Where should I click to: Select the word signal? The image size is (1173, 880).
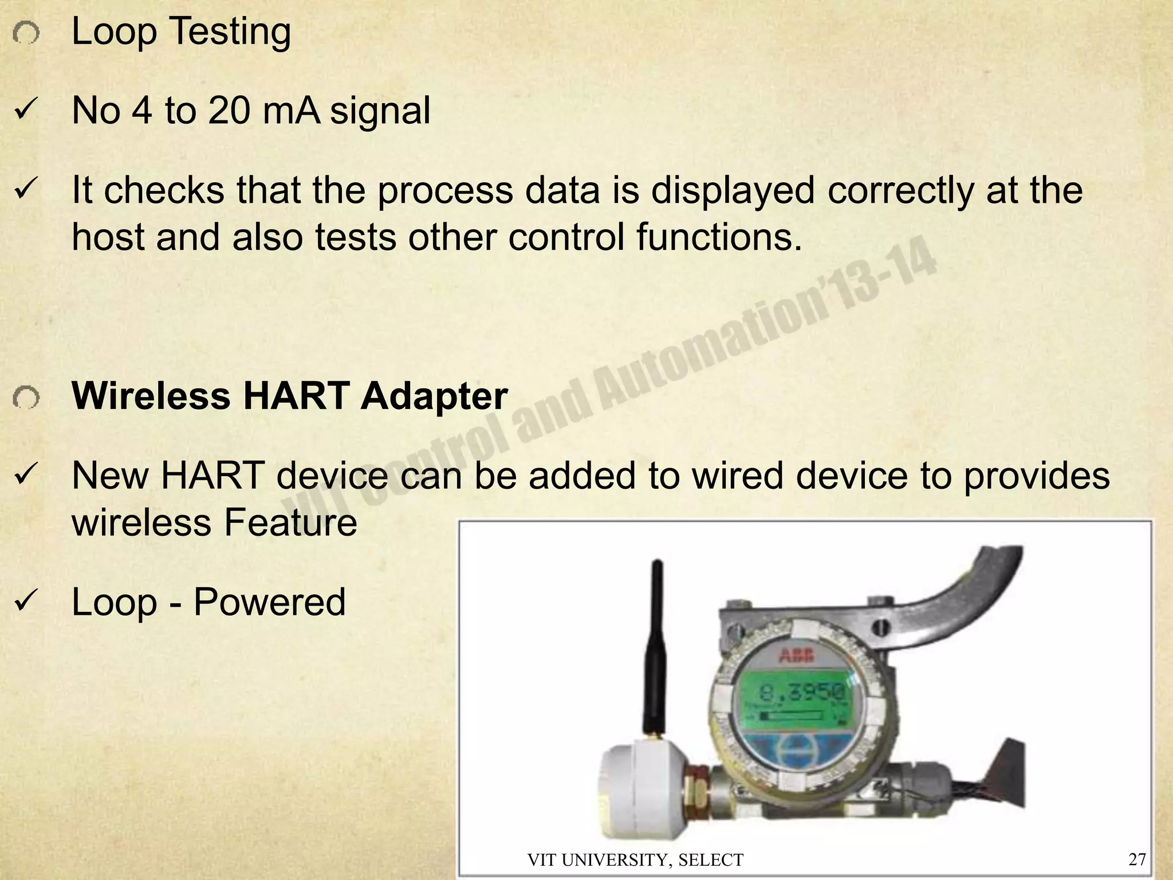tap(380, 111)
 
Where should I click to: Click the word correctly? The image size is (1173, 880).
tap(900, 191)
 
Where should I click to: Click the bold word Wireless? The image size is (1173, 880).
tap(150, 396)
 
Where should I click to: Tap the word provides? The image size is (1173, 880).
tap(1037, 476)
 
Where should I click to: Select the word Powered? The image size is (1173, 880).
tap(269, 603)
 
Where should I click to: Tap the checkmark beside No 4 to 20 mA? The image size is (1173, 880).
tap(26, 111)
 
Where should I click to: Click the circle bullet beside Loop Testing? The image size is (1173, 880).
tap(26, 35)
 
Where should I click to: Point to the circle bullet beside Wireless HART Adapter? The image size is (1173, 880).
tap(26, 398)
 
